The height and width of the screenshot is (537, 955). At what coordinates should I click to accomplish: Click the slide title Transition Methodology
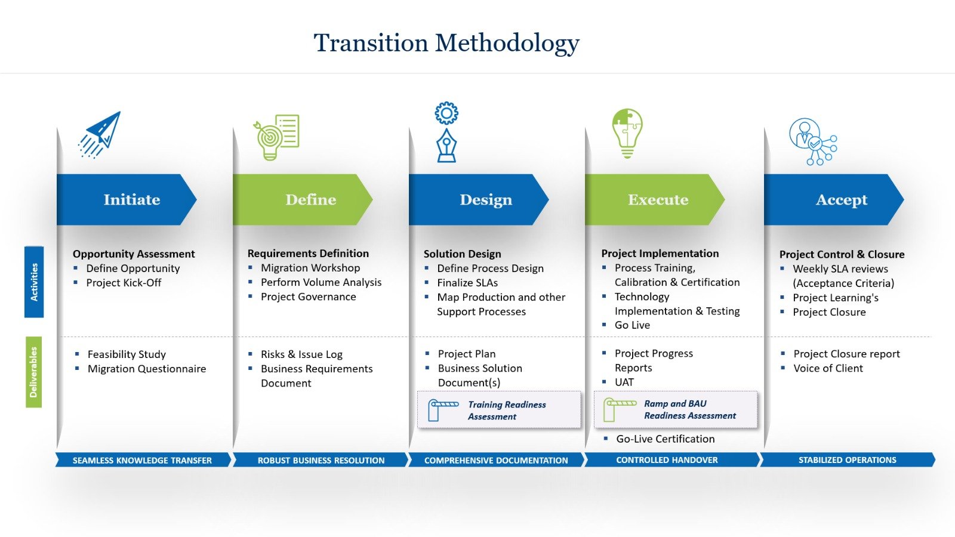pyautogui.click(x=446, y=43)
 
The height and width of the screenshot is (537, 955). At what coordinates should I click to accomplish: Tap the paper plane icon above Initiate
pyautogui.click(x=100, y=134)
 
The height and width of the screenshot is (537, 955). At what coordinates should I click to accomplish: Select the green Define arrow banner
pyautogui.click(x=303, y=199)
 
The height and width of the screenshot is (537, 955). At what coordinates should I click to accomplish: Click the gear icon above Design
pyautogui.click(x=446, y=113)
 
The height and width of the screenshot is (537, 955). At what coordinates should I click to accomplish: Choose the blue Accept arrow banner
pyautogui.click(x=834, y=199)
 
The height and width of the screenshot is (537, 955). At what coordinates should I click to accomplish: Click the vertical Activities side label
pyautogui.click(x=34, y=282)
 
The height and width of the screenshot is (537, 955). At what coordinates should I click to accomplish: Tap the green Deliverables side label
pyautogui.click(x=33, y=372)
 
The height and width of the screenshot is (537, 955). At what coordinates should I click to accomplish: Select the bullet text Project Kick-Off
pyautogui.click(x=124, y=283)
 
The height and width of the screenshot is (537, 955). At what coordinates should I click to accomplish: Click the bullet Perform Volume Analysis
pyautogui.click(x=321, y=282)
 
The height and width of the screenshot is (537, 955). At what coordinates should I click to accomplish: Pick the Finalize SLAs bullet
pyautogui.click(x=467, y=283)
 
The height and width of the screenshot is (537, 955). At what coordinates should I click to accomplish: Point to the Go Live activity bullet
pyautogui.click(x=632, y=325)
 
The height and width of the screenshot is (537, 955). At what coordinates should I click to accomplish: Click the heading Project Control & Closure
pyautogui.click(x=842, y=254)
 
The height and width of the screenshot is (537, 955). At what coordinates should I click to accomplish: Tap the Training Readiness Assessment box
pyautogui.click(x=499, y=411)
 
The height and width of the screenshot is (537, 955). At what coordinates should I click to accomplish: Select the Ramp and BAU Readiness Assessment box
pyautogui.click(x=676, y=410)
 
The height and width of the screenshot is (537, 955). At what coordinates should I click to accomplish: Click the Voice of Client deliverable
pyautogui.click(x=828, y=368)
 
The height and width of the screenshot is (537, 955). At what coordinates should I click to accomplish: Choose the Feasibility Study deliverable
pyautogui.click(x=127, y=354)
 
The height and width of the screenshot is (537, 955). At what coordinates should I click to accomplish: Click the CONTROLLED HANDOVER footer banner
pyautogui.click(x=667, y=460)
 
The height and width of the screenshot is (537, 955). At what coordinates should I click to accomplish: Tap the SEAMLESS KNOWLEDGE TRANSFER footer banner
pyautogui.click(x=142, y=460)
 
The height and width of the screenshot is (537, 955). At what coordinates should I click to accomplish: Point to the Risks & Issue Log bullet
pyautogui.click(x=301, y=354)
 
